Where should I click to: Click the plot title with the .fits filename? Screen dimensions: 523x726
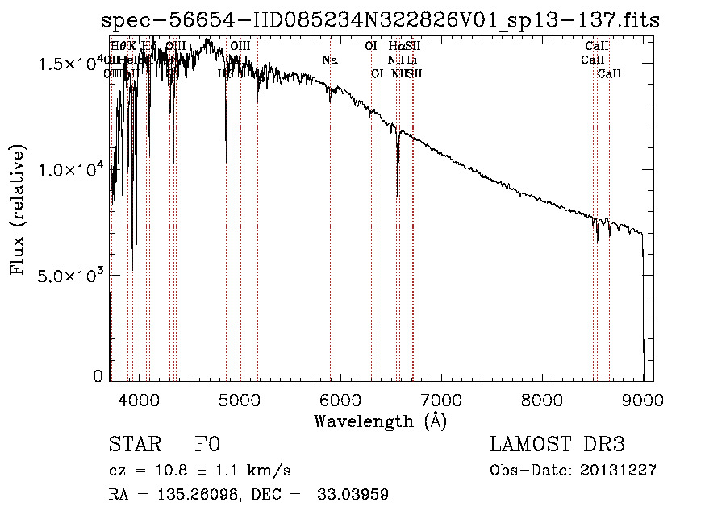pos(382,21)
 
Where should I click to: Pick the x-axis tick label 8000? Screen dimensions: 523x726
pos(542,400)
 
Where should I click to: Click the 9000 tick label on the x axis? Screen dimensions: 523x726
pos(643,400)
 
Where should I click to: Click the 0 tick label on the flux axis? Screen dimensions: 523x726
pos(98,376)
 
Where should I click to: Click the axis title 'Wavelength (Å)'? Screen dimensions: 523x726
pos(380,421)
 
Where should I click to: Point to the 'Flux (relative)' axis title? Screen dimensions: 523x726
pos(19,210)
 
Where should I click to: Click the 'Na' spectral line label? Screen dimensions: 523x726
pos(329,60)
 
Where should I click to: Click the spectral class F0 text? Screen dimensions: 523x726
pos(207,445)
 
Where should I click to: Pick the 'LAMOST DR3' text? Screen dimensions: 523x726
pos(557,445)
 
